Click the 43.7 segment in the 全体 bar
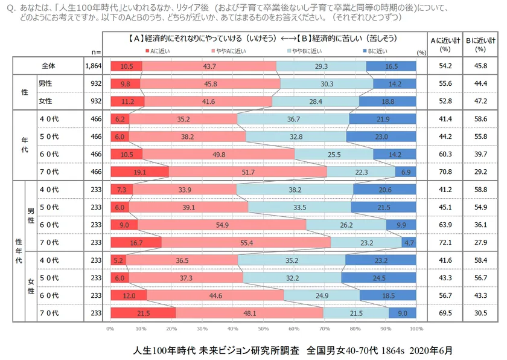pyautogui.click(x=209, y=66)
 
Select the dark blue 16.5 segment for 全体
pyautogui.click(x=391, y=66)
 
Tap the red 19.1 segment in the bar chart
pyautogui.click(x=139, y=172)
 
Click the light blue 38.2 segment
pyautogui.click(x=295, y=190)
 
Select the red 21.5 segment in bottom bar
pyautogui.click(x=143, y=313)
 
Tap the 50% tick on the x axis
pyautogui.click(x=263, y=329)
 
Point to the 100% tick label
pyautogui.click(x=416, y=329)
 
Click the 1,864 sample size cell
pyautogui.click(x=92, y=66)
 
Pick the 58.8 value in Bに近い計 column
pyautogui.click(x=480, y=190)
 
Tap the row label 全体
pyautogui.click(x=49, y=66)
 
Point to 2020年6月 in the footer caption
pyautogui.click(x=430, y=350)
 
